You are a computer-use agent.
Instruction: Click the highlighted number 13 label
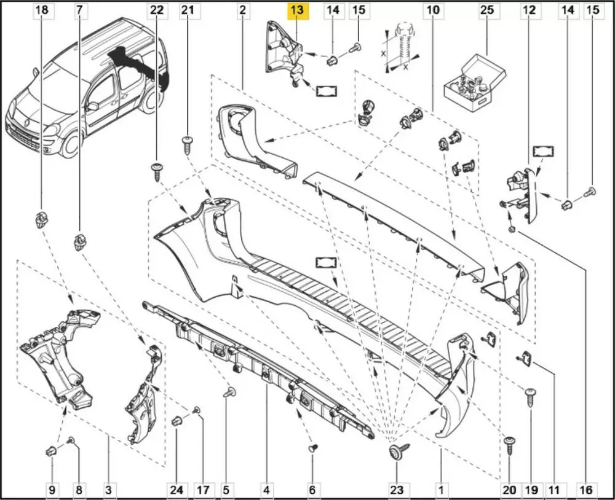click(297, 10)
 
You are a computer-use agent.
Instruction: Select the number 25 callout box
click(487, 10)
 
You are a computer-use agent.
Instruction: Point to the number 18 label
click(42, 10)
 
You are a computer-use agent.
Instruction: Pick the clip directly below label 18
click(42, 219)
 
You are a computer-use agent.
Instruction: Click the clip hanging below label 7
click(80, 241)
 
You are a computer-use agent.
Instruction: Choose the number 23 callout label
click(396, 490)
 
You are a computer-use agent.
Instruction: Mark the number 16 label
click(586, 490)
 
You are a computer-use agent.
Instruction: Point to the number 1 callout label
click(440, 490)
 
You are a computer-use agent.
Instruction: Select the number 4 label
click(266, 490)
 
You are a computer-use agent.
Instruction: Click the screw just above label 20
click(509, 443)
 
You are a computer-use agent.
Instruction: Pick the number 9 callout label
click(52, 490)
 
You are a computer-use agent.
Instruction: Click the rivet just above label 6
click(312, 449)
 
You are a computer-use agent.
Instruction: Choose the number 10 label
click(433, 10)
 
